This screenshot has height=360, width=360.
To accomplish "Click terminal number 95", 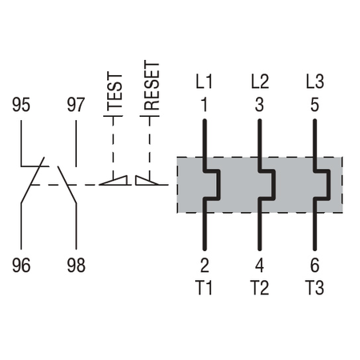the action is [x=21, y=105].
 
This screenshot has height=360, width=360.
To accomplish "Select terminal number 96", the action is [x=21, y=266].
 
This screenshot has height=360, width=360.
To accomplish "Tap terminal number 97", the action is [x=76, y=105].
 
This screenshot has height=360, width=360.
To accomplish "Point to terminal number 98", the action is [x=76, y=266].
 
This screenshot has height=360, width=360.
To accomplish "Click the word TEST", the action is [x=114, y=90].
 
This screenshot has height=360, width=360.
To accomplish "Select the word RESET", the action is [x=152, y=86].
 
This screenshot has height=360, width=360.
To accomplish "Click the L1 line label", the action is [x=204, y=82].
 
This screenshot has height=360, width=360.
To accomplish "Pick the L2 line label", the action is [x=260, y=82].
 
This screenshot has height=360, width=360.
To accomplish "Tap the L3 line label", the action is [x=315, y=82].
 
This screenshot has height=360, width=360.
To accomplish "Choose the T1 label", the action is [x=204, y=288].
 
